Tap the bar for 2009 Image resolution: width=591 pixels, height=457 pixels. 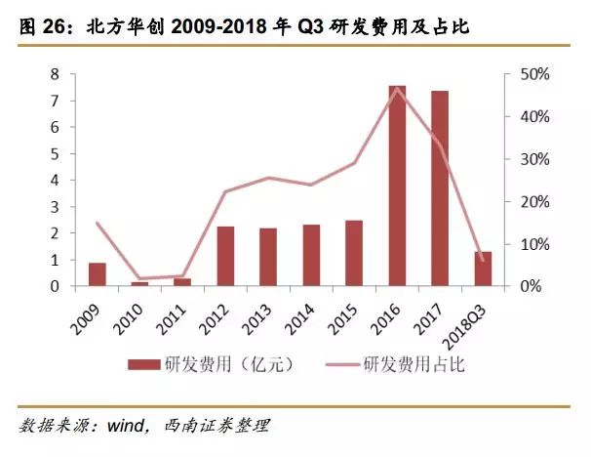pos(98,274)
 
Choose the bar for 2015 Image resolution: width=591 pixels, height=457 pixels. pos(354,253)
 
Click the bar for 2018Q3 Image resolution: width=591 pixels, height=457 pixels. pos(483,269)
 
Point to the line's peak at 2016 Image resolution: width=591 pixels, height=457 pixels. pos(397,88)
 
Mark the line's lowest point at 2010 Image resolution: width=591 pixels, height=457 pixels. pos(140,279)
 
